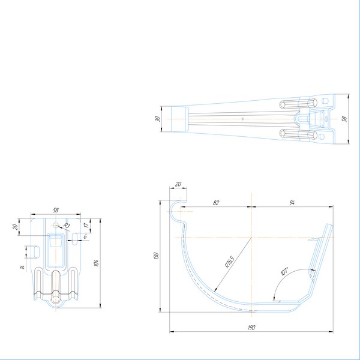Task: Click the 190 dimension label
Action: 251,328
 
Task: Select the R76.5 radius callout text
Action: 229,262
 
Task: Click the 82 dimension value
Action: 216,203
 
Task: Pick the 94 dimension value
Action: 292,203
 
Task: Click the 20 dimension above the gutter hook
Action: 178,185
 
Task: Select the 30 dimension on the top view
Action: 158,119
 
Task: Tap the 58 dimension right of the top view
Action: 344,118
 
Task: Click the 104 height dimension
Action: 96,262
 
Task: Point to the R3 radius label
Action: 67,226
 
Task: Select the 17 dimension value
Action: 86,226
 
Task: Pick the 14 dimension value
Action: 21,266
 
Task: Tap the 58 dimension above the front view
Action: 56,210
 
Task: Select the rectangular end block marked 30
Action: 179,119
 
